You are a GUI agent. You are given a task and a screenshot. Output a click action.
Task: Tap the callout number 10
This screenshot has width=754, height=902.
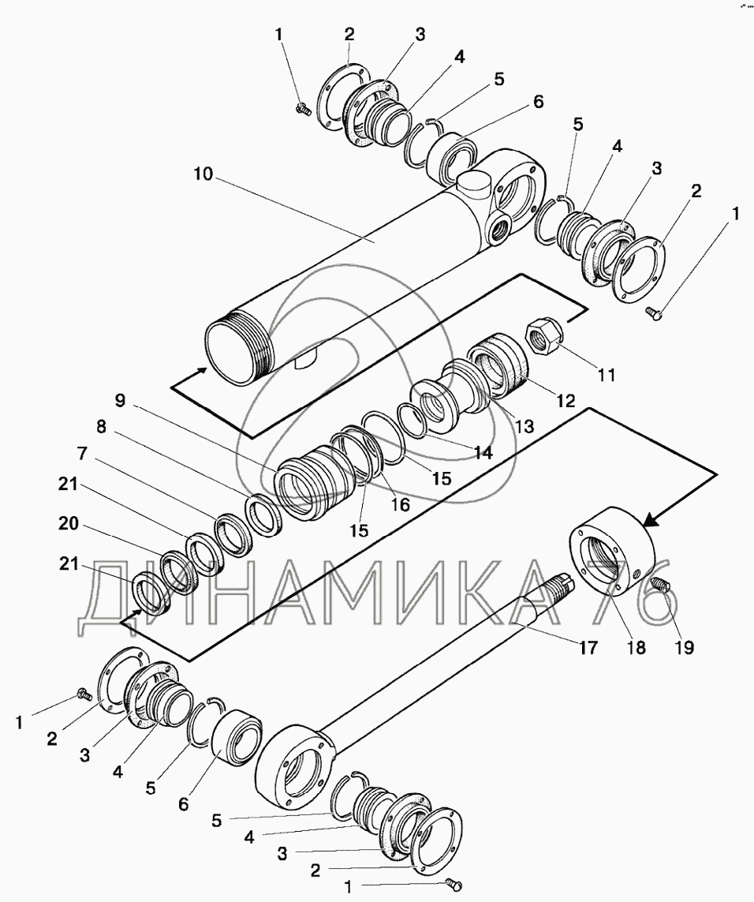coord(203,173)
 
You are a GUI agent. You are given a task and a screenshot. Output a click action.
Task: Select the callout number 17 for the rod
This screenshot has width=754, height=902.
coord(587,647)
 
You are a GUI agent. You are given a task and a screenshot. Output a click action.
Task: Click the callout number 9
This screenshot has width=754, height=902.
coord(120,400)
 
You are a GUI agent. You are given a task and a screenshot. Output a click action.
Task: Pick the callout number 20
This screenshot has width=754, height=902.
coord(69,523)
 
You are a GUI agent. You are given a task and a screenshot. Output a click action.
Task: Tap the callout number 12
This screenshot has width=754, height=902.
coord(566,400)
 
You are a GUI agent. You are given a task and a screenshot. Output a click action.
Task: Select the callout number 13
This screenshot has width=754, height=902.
coord(524,426)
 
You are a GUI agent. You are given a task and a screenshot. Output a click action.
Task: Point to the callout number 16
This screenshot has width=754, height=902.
coord(401,504)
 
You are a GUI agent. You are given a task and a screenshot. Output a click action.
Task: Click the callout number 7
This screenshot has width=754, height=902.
coord(82,454)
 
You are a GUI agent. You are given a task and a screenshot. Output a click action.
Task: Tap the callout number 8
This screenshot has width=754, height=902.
coord(101,428)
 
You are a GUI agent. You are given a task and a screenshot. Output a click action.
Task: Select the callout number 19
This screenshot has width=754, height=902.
coord(682,647)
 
